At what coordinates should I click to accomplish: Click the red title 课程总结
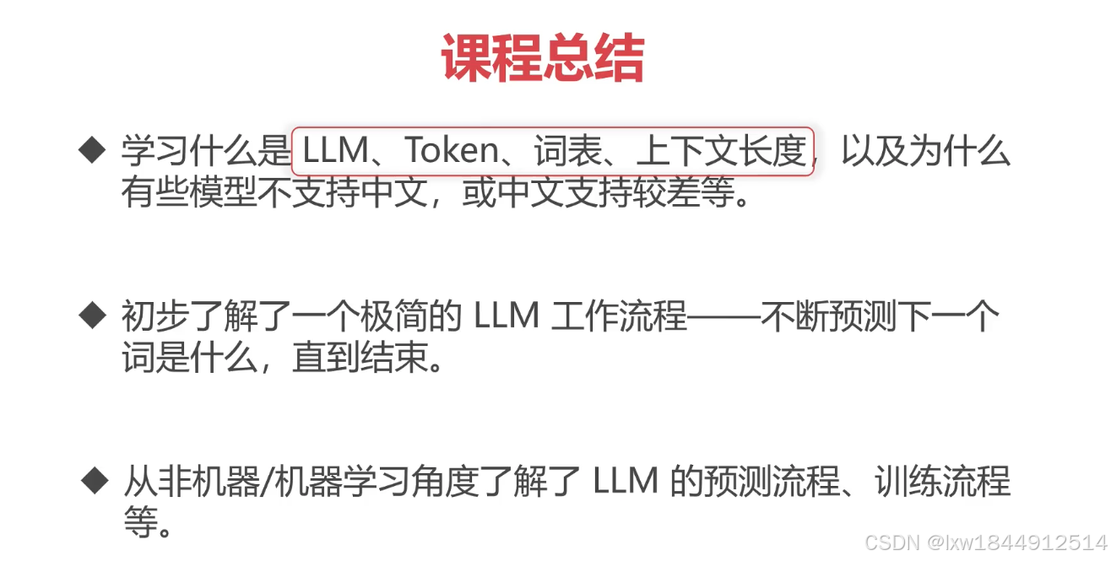point(542,59)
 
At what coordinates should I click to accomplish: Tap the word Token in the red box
point(452,152)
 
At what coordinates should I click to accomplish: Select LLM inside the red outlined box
point(336,152)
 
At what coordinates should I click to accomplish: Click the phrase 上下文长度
point(721,152)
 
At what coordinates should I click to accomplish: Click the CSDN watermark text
point(892,543)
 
